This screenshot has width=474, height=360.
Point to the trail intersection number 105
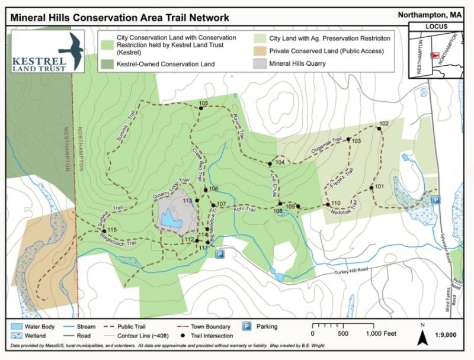coord(203,104)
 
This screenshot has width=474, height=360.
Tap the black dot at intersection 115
coord(103,230)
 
